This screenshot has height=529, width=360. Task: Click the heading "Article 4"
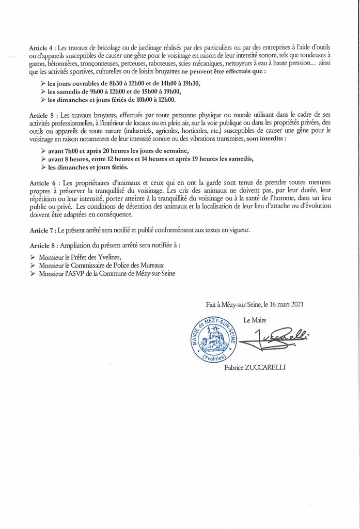(x=43, y=48)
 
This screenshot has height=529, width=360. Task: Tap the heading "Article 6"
(x=43, y=183)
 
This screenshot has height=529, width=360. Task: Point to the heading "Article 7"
(x=42, y=230)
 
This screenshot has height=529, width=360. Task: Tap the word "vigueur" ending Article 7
(x=238, y=230)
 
